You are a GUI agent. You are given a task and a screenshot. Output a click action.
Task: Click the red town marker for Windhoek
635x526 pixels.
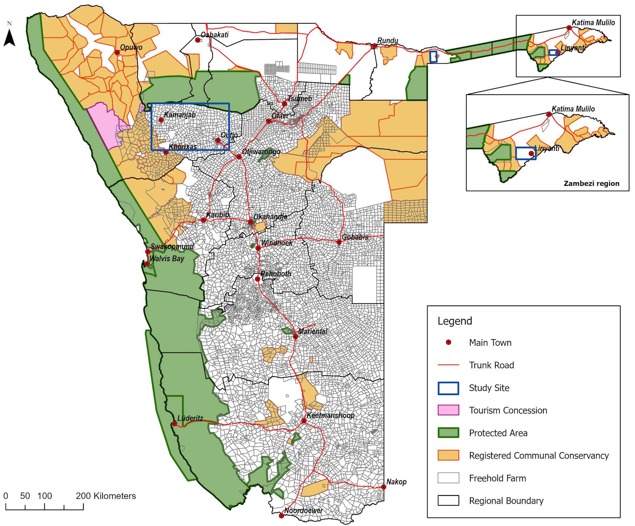(258, 248)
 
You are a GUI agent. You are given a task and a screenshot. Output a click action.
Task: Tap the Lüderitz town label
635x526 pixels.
(190, 418)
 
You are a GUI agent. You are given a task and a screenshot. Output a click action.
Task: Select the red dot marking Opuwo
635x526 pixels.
(117, 52)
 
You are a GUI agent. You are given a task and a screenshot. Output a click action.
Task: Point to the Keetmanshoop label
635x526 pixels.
(330, 415)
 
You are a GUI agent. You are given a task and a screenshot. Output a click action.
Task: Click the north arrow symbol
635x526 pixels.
(10, 37)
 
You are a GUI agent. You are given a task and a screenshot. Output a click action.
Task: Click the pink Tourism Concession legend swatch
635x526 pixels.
(448, 410)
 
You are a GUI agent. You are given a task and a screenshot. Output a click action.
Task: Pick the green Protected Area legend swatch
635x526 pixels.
(448, 433)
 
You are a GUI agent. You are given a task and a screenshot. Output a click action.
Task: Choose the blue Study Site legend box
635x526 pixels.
(448, 388)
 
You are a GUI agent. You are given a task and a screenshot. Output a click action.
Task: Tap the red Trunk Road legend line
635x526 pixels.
(448, 365)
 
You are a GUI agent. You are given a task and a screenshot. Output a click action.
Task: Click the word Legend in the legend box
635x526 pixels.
(455, 321)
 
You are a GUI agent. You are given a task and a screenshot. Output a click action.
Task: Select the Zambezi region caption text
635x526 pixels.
(591, 183)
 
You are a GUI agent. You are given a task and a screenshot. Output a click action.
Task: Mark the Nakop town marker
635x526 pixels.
(383, 487)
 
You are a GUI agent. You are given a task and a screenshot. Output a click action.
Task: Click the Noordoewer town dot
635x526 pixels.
(281, 515)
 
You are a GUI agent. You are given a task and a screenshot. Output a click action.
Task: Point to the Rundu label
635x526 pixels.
(388, 40)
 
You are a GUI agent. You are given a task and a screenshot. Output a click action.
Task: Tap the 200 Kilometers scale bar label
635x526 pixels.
(106, 496)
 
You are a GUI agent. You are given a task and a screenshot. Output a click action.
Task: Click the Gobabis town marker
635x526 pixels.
(339, 242)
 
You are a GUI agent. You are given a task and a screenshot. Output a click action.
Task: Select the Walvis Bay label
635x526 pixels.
(167, 259)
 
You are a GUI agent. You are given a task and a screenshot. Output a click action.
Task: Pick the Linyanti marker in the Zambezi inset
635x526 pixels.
(531, 153)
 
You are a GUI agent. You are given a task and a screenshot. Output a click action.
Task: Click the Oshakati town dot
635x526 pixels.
(198, 40)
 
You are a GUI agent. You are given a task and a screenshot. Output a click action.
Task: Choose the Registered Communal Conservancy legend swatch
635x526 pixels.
(448, 455)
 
